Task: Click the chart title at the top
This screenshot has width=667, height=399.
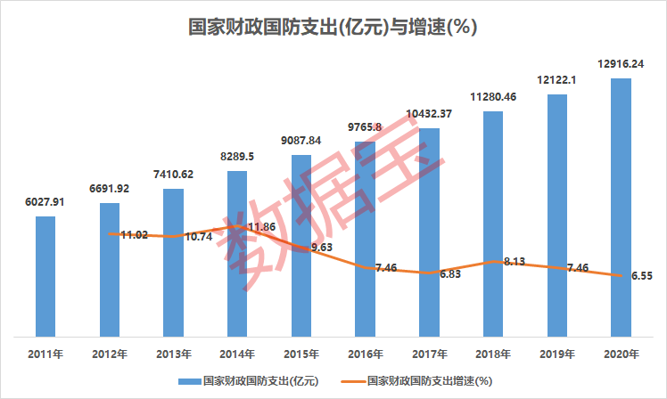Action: coord(333,27)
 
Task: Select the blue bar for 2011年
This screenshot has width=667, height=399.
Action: coord(45,276)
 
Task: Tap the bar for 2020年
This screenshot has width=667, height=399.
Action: coord(621,208)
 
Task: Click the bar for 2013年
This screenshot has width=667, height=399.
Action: coord(173,263)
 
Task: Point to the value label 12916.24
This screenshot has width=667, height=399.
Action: coord(621,63)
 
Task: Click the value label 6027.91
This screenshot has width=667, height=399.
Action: coord(45,201)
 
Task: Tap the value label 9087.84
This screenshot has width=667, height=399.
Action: coord(301,140)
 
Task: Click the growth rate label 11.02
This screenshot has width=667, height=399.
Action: coord(134,234)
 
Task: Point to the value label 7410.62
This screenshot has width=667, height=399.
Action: coord(173,174)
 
